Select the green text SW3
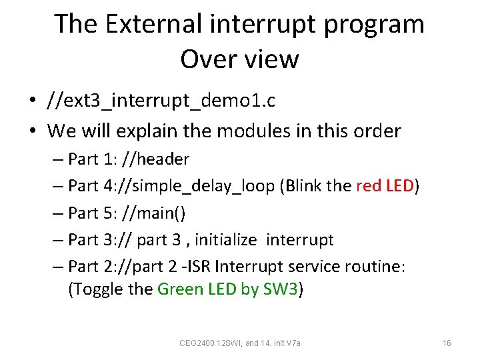(x=283, y=291)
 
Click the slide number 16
(x=447, y=343)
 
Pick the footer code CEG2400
(x=197, y=343)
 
